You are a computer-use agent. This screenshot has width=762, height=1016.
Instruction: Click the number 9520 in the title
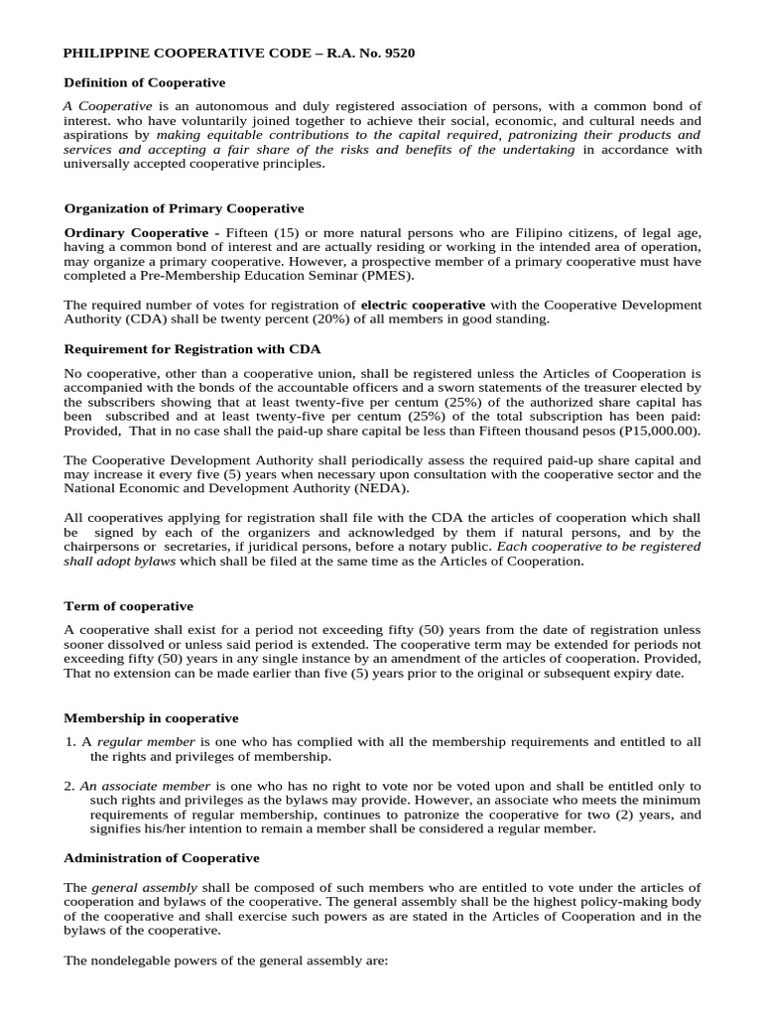(397, 54)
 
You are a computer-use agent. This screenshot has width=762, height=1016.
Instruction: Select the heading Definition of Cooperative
(145, 82)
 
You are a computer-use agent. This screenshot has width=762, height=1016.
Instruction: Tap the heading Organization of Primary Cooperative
(184, 208)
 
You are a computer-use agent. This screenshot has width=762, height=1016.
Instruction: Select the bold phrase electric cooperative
(423, 304)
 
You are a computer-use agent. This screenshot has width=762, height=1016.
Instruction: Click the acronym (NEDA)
(379, 488)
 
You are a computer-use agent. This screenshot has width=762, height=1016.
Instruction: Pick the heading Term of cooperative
(129, 605)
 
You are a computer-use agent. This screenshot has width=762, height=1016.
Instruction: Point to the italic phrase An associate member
(145, 786)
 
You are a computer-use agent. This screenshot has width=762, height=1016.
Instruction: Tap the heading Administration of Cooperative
(162, 857)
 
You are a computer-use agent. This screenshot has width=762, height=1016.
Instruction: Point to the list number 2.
(69, 786)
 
